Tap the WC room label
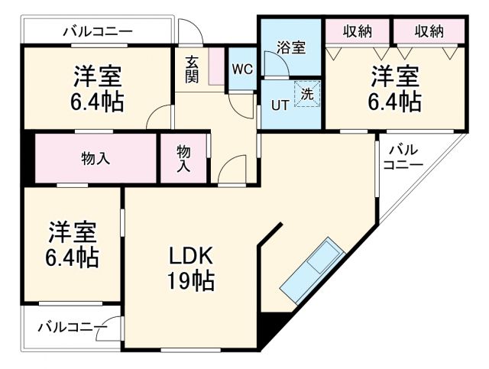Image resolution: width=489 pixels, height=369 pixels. pos(242,69)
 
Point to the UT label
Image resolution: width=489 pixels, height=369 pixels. pos(280,105)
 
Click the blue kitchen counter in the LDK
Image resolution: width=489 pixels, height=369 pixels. pos(314,270)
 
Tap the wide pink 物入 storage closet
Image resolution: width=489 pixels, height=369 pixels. pos(96,159)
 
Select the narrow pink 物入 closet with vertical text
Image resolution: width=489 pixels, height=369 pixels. pos(183,159)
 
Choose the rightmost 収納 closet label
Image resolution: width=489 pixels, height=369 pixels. pos(429,31)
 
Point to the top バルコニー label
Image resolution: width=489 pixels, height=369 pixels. pos(97,31)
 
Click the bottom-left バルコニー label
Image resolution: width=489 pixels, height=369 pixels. pos(73,327)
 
